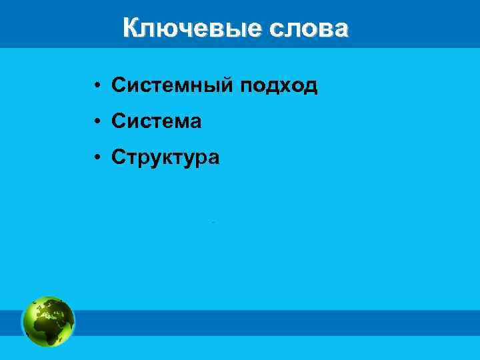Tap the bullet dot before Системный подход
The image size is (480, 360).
[97, 86]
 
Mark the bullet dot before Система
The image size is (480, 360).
[97, 122]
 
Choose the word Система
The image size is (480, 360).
[157, 121]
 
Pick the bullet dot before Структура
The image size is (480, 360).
[97, 158]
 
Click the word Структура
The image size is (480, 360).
[165, 157]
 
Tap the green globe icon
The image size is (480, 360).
[48, 321]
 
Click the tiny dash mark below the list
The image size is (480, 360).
[213, 221]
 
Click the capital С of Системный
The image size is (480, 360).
[119, 85]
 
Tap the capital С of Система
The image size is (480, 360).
[119, 121]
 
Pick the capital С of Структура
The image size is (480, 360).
[119, 157]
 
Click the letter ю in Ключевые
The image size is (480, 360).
[163, 29]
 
